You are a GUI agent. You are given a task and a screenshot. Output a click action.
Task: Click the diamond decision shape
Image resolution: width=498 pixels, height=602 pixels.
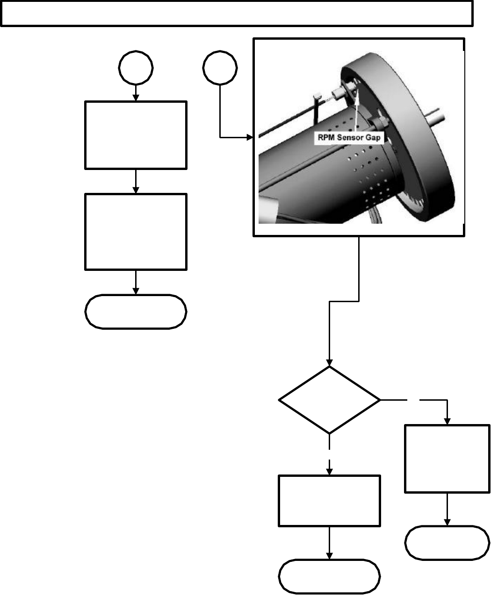click(329, 400)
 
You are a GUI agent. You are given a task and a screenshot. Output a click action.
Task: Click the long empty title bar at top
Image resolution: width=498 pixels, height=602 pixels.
click(237, 13)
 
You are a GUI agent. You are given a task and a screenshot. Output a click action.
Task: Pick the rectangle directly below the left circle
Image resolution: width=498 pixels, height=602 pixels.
click(136, 135)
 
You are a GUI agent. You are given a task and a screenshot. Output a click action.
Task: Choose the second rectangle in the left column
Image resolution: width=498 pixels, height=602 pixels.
click(136, 232)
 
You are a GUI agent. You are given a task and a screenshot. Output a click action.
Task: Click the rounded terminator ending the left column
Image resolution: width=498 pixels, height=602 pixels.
click(136, 312)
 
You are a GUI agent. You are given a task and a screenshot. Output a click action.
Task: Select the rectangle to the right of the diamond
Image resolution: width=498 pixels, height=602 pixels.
click(447, 458)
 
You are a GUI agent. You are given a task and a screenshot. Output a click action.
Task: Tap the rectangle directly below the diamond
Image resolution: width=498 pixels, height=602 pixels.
click(329, 501)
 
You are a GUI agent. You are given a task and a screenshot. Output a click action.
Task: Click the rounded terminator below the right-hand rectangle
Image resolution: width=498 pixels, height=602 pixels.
click(447, 543)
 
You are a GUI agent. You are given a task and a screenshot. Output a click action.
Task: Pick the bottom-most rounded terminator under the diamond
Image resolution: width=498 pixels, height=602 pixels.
click(329, 577)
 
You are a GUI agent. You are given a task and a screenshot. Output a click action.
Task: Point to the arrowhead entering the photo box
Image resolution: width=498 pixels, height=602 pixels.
click(250, 138)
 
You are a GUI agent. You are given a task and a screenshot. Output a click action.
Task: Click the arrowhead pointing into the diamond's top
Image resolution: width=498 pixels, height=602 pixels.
click(329, 362)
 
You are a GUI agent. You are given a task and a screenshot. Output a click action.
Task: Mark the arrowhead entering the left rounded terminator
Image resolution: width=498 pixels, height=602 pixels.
click(136, 291)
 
